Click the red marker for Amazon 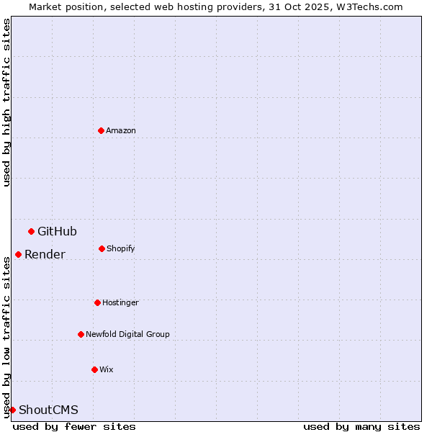[101, 130]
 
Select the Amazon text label [121, 130]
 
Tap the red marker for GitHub [31, 231]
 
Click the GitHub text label [57, 231]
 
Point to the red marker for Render [18, 254]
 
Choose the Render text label [45, 254]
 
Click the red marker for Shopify [102, 248]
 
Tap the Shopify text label [121, 248]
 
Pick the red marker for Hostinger [97, 302]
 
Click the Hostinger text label [120, 302]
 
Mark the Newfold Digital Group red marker [81, 334]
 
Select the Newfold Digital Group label [127, 334]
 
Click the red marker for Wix [94, 369]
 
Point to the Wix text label [107, 369]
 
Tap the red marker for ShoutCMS [12, 410]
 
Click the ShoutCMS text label [48, 410]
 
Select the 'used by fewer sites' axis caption [74, 426]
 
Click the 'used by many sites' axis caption [361, 426]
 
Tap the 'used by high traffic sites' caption [6, 102]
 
